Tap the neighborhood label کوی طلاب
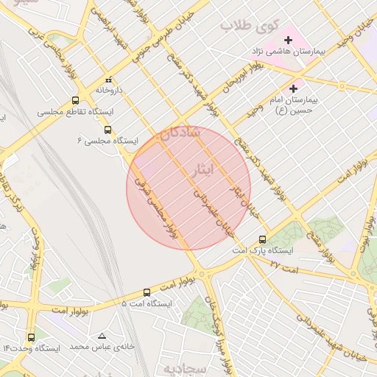250,27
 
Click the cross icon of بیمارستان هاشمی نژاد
288,38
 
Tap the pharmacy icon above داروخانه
109,78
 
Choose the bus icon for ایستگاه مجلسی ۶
109,128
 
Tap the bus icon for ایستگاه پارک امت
263,239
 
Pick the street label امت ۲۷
283,266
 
